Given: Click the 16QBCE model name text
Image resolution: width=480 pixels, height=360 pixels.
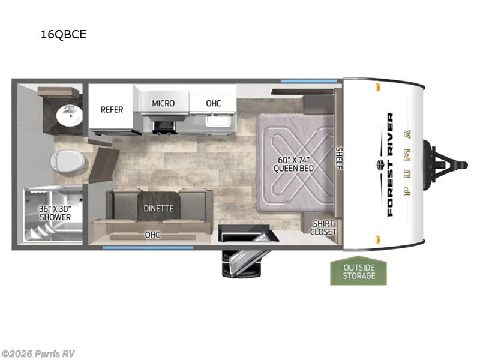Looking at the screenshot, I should (x=63, y=34).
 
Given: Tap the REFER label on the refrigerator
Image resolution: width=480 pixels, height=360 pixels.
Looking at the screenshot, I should (x=112, y=109).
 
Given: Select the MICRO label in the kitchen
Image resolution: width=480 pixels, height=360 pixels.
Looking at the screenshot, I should (x=163, y=103).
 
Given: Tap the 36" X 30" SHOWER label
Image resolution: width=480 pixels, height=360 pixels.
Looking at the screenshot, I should (x=55, y=213).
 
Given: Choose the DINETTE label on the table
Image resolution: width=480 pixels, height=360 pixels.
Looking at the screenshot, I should (x=158, y=208).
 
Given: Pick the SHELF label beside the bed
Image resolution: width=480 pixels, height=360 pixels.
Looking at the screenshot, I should (x=339, y=158).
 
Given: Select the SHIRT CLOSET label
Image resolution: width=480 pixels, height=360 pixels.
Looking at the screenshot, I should (x=323, y=227).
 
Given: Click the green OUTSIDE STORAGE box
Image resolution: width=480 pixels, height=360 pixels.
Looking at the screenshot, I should (x=359, y=271).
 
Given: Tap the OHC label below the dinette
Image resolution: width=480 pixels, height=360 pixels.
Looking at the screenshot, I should (x=152, y=235).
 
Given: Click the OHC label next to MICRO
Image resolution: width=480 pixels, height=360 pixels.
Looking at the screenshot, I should (x=213, y=103).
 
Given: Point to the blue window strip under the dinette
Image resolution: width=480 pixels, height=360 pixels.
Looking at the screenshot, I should (x=148, y=247).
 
